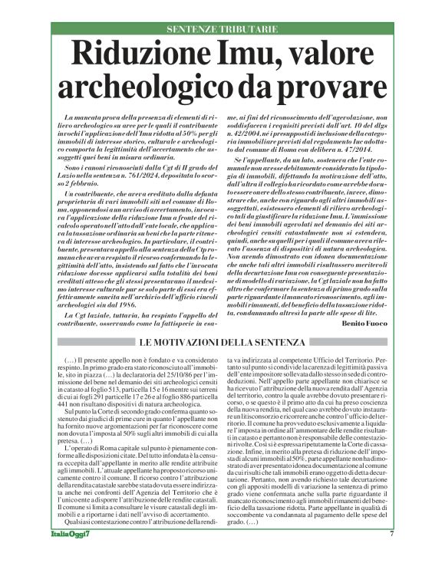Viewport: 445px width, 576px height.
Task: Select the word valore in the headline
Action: pyautogui.click(x=338, y=54)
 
